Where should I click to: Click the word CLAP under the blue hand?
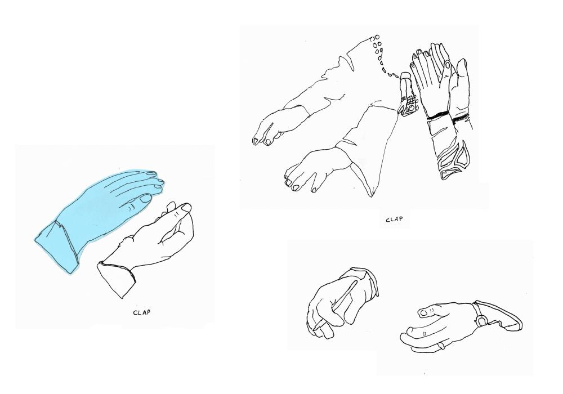click(141, 312)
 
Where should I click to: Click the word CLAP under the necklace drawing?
click(394, 220)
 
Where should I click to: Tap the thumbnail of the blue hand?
click(145, 198)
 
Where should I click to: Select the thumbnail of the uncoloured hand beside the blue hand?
click(186, 207)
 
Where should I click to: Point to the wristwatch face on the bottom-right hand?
click(481, 319)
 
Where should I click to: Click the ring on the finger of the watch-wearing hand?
click(441, 346)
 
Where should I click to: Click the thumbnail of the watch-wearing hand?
click(424, 313)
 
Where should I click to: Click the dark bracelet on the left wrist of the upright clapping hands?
click(437, 115)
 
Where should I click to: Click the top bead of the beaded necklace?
click(377, 37)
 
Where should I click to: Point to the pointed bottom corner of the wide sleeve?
click(373, 196)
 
